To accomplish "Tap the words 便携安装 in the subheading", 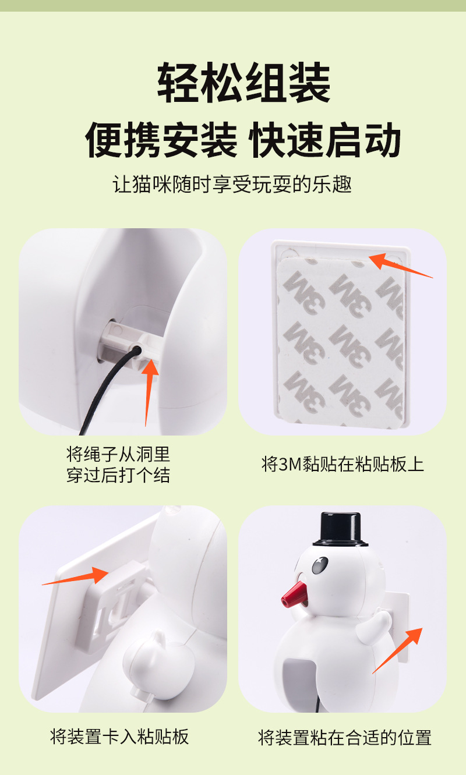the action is (161, 140).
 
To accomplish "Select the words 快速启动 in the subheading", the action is (324, 140).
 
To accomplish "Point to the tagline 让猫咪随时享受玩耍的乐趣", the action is (232, 184).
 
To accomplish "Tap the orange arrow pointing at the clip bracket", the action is (76, 576).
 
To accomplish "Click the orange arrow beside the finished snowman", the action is (397, 650).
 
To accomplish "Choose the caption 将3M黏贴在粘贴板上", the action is (343, 464).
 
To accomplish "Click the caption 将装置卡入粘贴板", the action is (119, 737).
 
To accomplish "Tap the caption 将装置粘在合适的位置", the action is (344, 738).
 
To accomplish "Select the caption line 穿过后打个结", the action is (118, 475).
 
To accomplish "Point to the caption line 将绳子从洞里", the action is (118, 454).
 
